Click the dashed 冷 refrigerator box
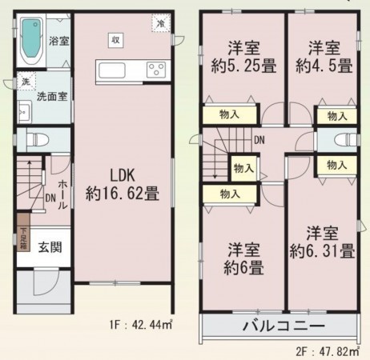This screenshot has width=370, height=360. coord(162,25)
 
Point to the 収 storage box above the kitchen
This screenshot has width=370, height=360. coord(116,39)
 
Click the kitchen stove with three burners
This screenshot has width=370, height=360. coord(155,70)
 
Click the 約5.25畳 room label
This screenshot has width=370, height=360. coord(241,56)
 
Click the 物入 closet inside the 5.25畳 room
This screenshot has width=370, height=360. coord(229,114)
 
